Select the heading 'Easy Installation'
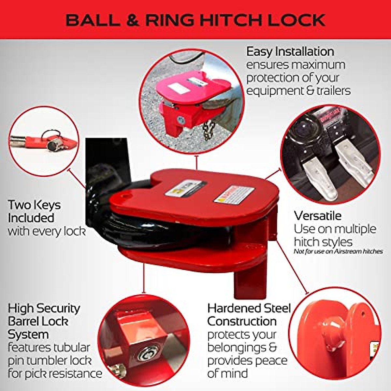(x=290, y=52)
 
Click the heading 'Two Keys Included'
(x=34, y=211)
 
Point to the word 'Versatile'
(x=318, y=216)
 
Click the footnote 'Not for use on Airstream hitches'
(x=338, y=251)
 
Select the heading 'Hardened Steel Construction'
(x=249, y=315)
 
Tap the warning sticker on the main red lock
(x=233, y=195)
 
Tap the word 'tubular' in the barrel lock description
(x=70, y=347)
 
